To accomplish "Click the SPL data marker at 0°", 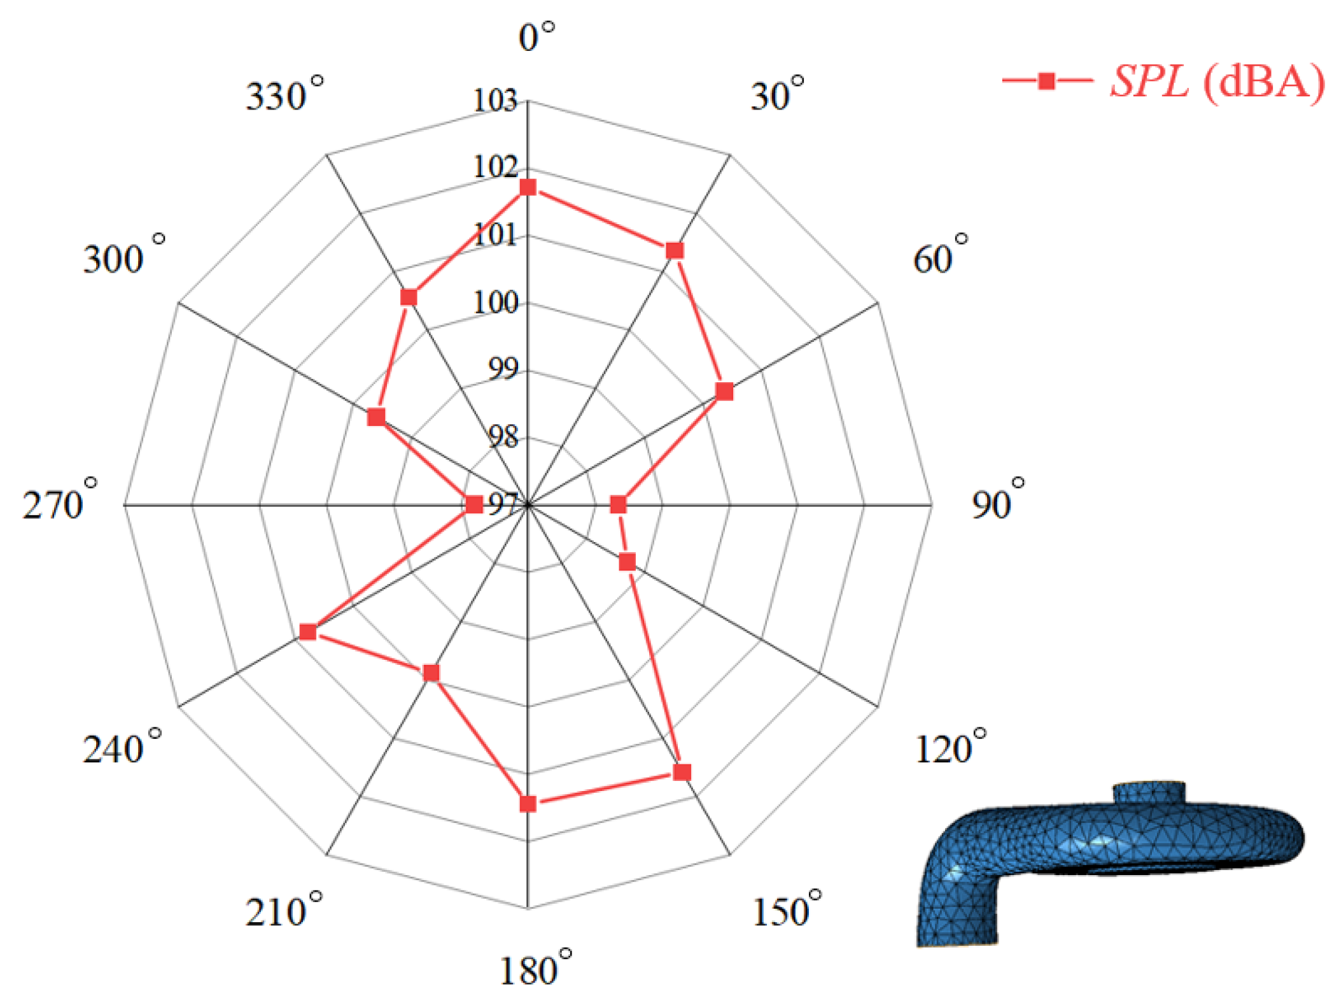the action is point(528,187).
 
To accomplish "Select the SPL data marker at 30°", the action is point(675,250).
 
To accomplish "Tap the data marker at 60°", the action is point(724,392).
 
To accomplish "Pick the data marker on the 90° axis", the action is point(618,505).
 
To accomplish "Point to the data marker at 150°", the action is point(682,773).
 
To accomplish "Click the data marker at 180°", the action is point(528,804).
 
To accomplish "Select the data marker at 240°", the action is point(308,632).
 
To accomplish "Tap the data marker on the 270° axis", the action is point(474,505).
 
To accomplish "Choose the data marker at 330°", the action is point(409,297).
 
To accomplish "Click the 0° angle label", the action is point(536,36).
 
